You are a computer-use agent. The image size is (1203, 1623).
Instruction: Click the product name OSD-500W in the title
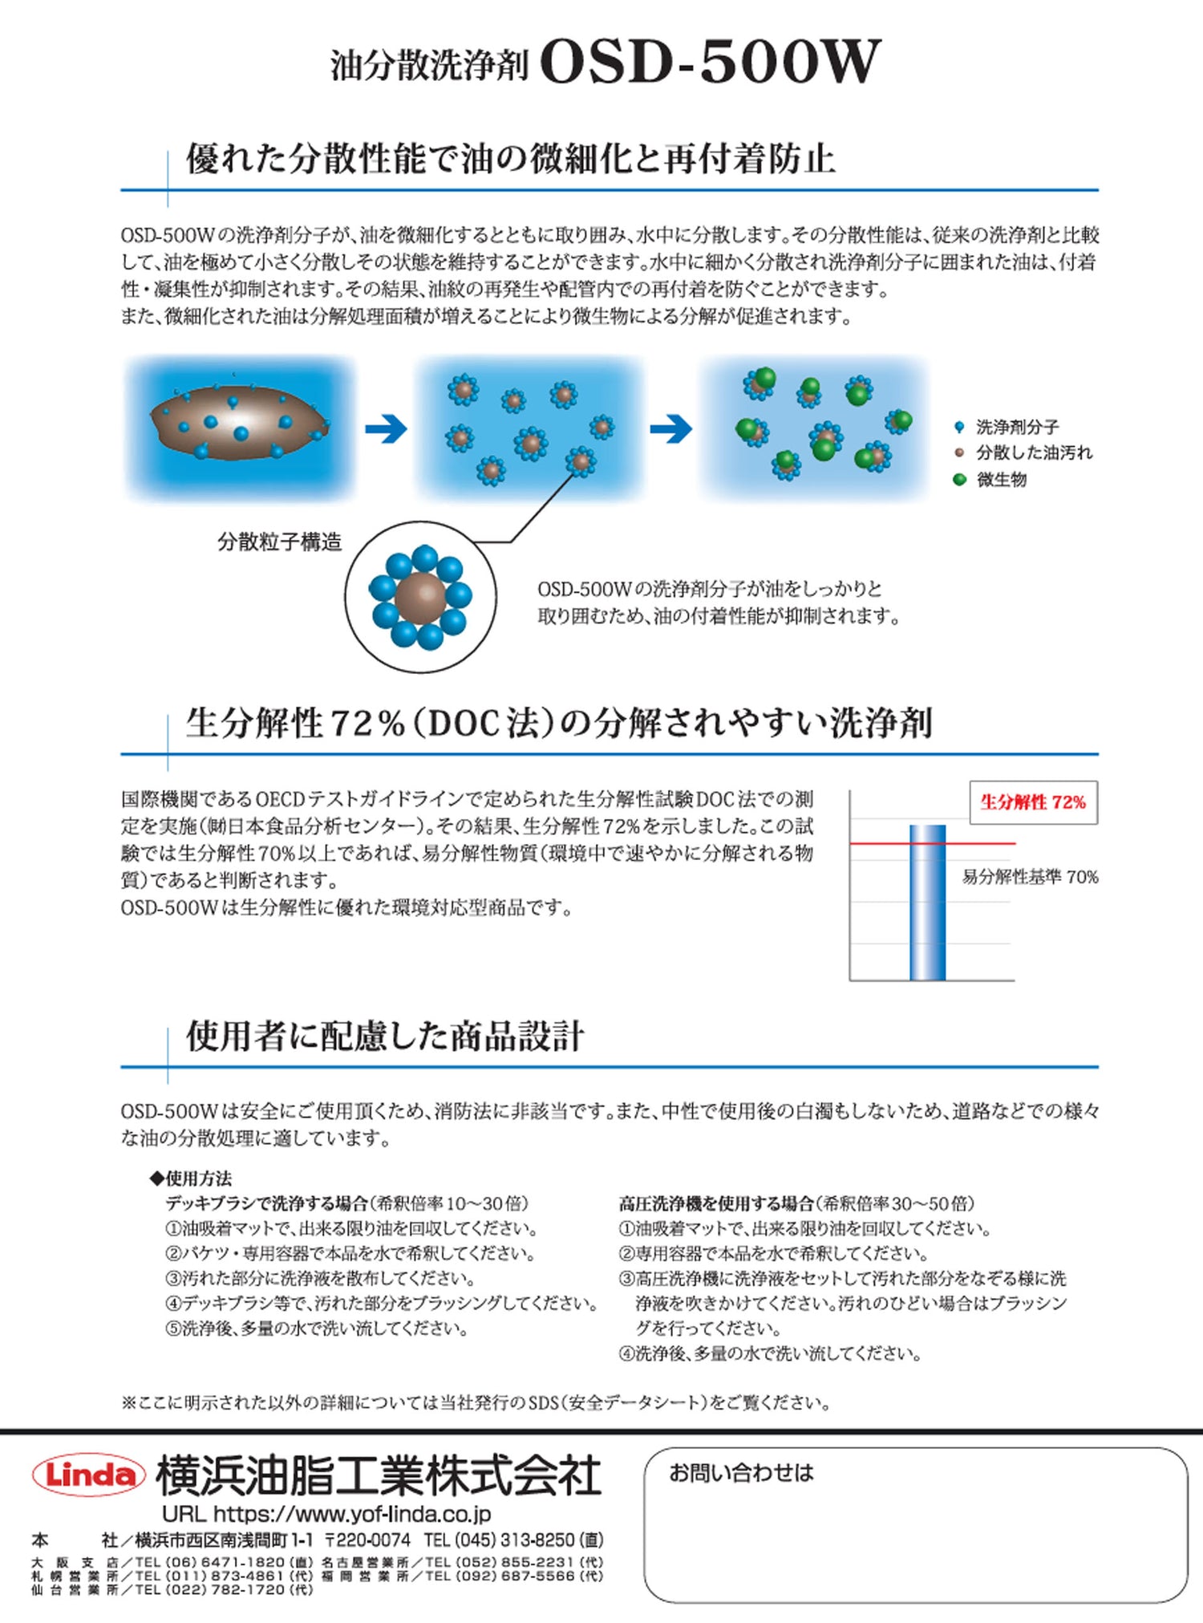tap(710, 62)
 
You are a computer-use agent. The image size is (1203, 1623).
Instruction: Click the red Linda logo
tap(88, 1475)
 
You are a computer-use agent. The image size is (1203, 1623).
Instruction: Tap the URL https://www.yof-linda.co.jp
tap(326, 1514)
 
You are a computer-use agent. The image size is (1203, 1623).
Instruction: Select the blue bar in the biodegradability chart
tap(927, 903)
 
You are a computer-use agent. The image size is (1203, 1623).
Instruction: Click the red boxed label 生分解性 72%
tap(1033, 802)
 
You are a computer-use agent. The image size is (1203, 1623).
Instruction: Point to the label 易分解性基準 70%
tap(1030, 877)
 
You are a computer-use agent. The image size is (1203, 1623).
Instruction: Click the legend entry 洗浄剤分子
tap(1016, 427)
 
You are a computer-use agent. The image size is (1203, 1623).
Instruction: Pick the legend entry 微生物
tap(1001, 480)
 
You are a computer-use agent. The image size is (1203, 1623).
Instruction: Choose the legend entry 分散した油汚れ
tap(1033, 453)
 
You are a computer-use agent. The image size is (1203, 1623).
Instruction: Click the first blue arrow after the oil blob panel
tap(386, 430)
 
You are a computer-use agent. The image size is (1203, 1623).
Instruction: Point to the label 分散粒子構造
tap(279, 542)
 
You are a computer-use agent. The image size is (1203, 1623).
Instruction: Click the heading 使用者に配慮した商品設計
tap(385, 1036)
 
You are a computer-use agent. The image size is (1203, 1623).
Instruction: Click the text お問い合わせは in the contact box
tap(741, 1473)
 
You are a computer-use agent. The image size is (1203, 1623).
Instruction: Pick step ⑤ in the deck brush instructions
tap(317, 1329)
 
